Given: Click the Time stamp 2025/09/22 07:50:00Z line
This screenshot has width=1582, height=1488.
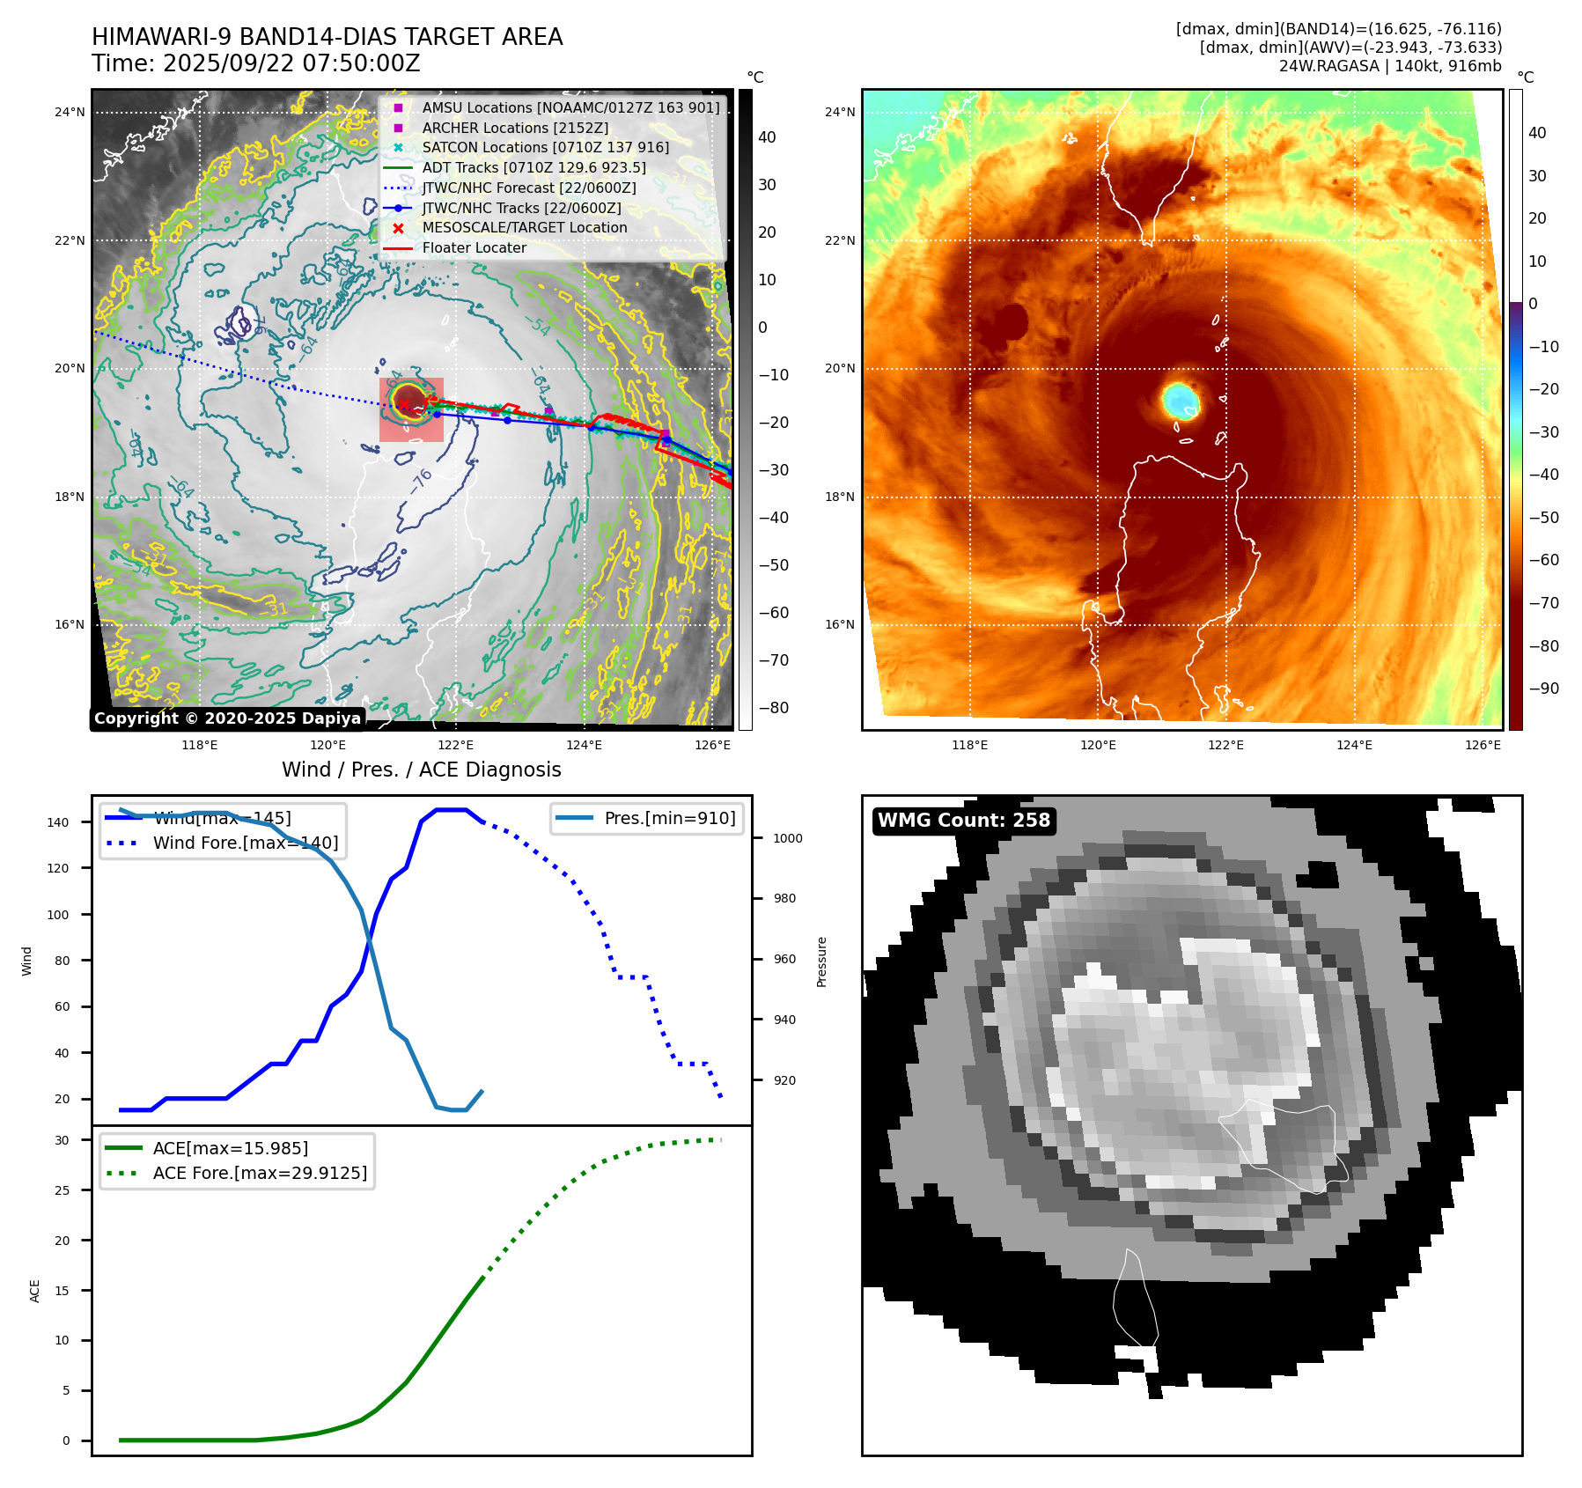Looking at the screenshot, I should pos(256,64).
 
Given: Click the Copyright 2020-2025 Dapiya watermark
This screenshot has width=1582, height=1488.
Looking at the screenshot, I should pos(227,718).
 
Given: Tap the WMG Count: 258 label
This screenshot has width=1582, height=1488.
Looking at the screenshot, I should pos(964,821).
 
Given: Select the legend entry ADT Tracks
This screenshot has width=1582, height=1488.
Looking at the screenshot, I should pos(533,167).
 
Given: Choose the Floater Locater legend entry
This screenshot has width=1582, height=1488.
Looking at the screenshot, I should pos(474,248).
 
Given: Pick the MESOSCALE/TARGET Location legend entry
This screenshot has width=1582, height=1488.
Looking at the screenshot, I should pos(524,228).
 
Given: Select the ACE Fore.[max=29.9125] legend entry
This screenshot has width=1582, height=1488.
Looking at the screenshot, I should pos(260,1173).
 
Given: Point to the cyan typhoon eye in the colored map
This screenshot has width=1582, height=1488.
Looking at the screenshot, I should pos(1180,401).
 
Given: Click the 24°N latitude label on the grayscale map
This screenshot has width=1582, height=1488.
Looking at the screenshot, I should pos(70,112).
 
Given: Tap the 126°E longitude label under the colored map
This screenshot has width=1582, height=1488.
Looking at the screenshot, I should pos(1483,746).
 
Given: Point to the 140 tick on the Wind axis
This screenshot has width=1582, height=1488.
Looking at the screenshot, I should pos(58,822).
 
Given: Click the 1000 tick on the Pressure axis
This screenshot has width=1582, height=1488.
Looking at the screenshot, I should pos(787,838).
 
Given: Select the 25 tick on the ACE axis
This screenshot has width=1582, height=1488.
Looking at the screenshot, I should pos(62,1190).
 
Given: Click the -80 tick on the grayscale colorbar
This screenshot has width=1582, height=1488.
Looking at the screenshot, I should pos(773,708).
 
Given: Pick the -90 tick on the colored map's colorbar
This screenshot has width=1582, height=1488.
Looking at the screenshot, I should pos(1543,689).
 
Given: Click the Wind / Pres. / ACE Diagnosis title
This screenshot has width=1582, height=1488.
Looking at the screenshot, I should pos(421,770).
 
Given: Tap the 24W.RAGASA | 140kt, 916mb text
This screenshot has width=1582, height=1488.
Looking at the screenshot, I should pos(1390,66).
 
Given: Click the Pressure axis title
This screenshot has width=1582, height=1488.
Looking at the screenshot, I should pos(821,961).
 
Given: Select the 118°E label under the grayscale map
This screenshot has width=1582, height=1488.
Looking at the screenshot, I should pos(200,746).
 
